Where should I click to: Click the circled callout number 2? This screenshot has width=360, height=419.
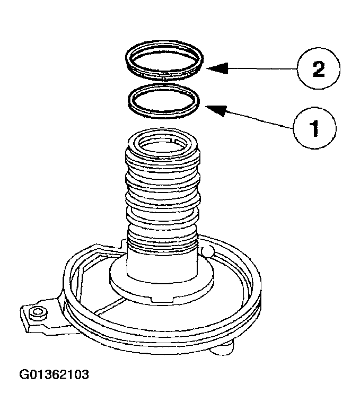pyautogui.click(x=318, y=69)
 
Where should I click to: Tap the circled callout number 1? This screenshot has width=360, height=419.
pyautogui.click(x=314, y=127)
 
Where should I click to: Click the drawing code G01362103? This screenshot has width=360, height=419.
pyautogui.click(x=54, y=375)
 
